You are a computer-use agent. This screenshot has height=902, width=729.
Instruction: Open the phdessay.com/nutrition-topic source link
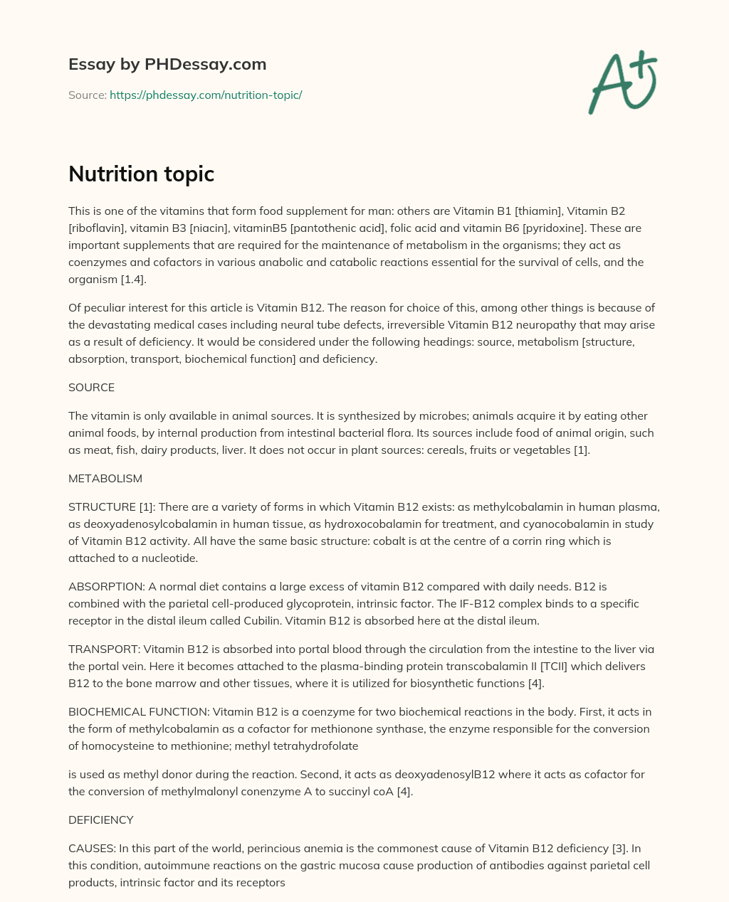point(206,95)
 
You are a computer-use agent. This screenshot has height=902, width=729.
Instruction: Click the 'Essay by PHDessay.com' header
point(167,64)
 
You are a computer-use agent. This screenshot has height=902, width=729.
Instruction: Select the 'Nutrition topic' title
point(141,174)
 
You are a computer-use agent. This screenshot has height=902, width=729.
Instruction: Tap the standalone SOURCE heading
point(91,387)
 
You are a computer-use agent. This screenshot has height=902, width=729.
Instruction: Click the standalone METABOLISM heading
point(105,478)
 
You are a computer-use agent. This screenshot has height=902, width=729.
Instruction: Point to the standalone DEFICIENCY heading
point(100,819)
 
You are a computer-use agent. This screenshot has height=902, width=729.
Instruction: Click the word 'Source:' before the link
point(87,95)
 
